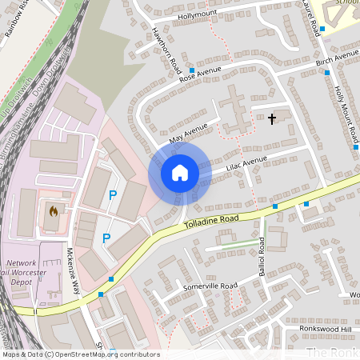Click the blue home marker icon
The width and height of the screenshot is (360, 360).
pos(180,172)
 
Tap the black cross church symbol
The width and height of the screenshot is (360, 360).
pos(272,119)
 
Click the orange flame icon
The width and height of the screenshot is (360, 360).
pos(53,212)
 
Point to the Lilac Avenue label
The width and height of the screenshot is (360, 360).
pos(246,162)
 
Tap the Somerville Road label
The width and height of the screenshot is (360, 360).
pos(210,286)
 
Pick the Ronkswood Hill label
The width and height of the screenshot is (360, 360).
pos(324,329)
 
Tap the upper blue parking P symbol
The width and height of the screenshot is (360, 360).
pos(113,194)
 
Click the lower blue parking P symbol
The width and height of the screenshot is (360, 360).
pos(106,238)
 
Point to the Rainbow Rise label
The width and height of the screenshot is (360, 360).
pos(14,16)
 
